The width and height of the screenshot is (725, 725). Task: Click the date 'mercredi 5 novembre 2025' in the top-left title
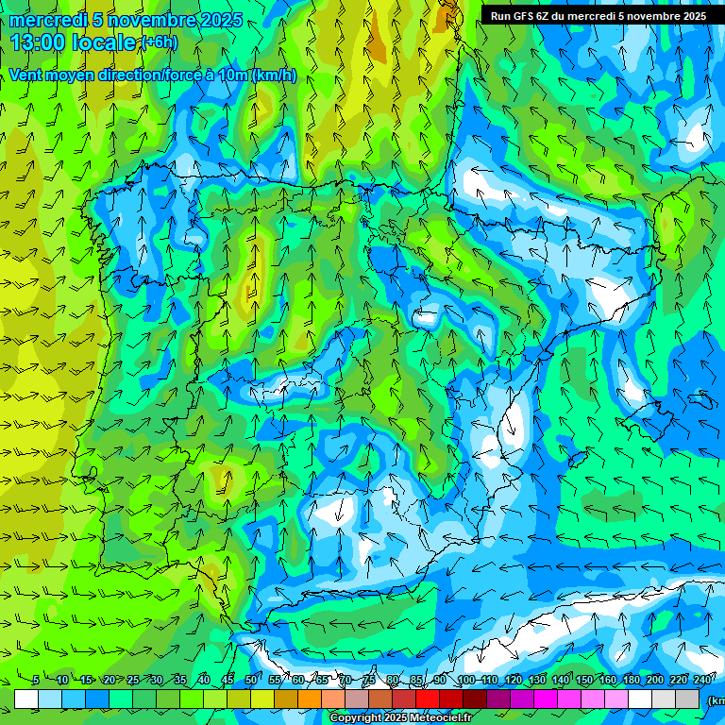tap(126, 20)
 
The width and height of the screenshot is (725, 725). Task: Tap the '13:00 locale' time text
tap(74, 42)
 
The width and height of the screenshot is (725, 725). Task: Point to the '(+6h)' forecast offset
tap(158, 43)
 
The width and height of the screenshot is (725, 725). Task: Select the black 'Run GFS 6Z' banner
tap(599, 16)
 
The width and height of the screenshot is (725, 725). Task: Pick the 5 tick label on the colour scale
tap(36, 681)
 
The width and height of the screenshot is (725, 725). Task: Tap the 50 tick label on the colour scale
tap(251, 681)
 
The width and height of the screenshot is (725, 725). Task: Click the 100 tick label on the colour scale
tap(465, 681)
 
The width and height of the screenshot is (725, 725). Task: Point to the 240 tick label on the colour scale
tap(702, 681)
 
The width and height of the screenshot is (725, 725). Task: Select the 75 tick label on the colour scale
tap(369, 681)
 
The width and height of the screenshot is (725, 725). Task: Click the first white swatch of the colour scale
tap(26, 699)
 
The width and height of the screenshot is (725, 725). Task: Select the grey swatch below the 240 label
tap(687, 699)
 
